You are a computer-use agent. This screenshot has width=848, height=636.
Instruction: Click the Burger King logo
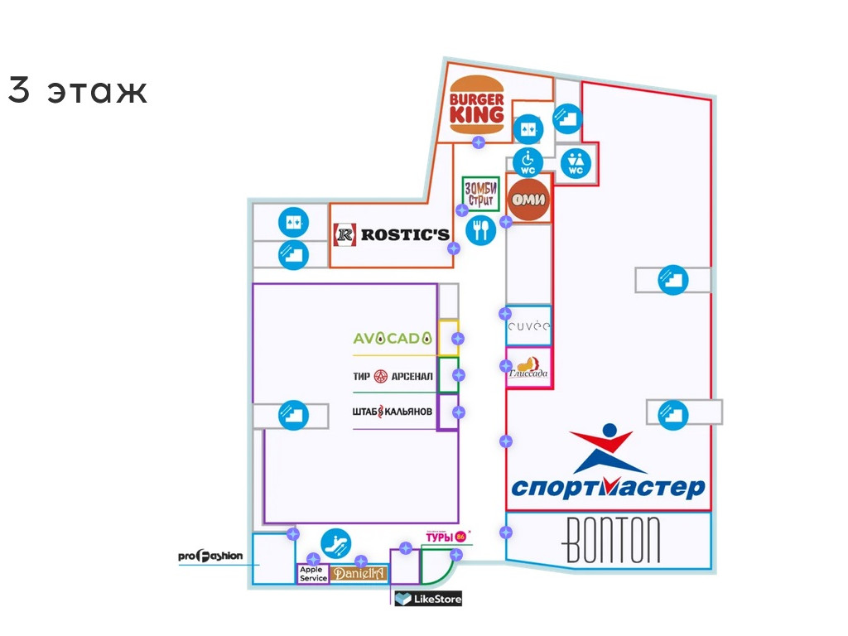(476, 105)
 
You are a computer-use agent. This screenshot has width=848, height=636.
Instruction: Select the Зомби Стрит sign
(480, 194)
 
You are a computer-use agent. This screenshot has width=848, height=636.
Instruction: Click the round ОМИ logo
(528, 200)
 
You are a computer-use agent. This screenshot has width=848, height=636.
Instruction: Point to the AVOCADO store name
(393, 338)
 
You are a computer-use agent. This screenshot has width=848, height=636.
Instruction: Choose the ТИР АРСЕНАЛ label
(393, 377)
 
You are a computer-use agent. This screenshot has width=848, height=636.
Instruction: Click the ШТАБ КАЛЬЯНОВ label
(393, 412)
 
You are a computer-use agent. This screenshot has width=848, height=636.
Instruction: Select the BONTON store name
(613, 542)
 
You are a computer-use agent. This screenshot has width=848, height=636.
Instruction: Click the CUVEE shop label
(528, 326)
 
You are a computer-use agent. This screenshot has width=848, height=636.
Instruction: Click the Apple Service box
(313, 574)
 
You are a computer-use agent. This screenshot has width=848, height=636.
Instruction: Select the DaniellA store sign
(359, 573)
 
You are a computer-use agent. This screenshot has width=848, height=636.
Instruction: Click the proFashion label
(210, 556)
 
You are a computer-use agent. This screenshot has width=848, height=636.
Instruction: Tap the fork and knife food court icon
(480, 229)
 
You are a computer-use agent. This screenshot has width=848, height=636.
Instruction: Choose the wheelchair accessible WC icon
(528, 161)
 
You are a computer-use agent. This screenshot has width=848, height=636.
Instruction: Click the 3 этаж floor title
(78, 90)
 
